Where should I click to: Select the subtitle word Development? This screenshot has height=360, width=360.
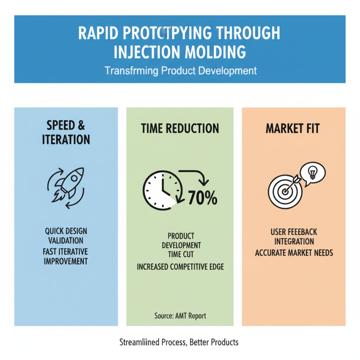pos(228,71)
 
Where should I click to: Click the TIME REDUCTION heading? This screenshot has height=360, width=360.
pos(180,128)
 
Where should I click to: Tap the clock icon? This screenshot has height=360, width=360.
pos(163,190)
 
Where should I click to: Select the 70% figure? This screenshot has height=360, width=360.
pos(202,198)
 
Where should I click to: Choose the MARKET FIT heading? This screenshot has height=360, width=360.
pos(292,128)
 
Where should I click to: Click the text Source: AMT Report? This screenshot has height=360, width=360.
pos(180,316)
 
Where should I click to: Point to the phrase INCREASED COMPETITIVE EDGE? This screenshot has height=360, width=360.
pos(180,267)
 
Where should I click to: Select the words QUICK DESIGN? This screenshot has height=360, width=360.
pos(66,231)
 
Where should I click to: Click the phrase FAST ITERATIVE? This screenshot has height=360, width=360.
pos(66,251)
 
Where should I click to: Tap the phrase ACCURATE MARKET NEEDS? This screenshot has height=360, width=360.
pos(294,252)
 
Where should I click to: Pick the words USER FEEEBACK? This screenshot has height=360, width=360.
pos(294,232)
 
